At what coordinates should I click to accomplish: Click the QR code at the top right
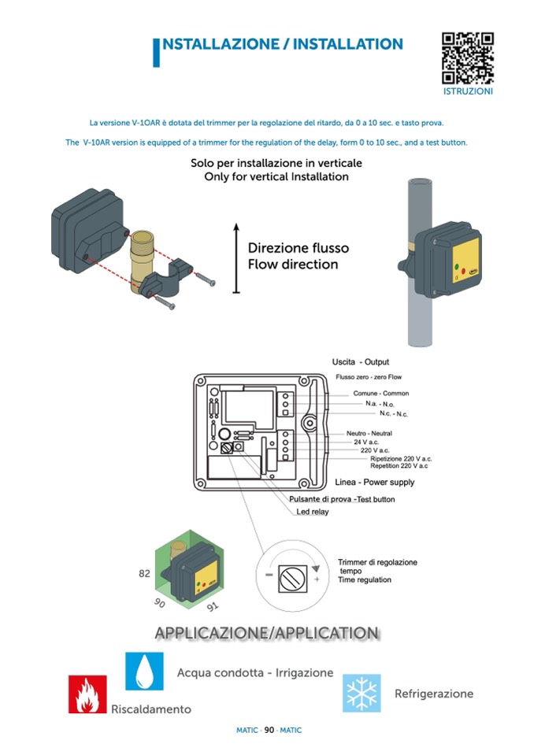(467, 57)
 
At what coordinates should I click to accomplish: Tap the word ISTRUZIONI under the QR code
(468, 91)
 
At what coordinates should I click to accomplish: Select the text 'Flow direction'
(292, 265)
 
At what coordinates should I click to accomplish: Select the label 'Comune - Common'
(380, 393)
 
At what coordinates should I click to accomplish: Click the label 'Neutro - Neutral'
(369, 433)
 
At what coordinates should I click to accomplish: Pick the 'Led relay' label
(313, 512)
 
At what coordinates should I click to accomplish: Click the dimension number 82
(144, 573)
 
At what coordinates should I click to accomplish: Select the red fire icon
(87, 694)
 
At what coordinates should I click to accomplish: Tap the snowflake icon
(362, 693)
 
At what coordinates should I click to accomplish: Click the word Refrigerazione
(433, 694)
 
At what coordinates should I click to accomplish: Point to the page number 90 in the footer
(269, 730)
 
